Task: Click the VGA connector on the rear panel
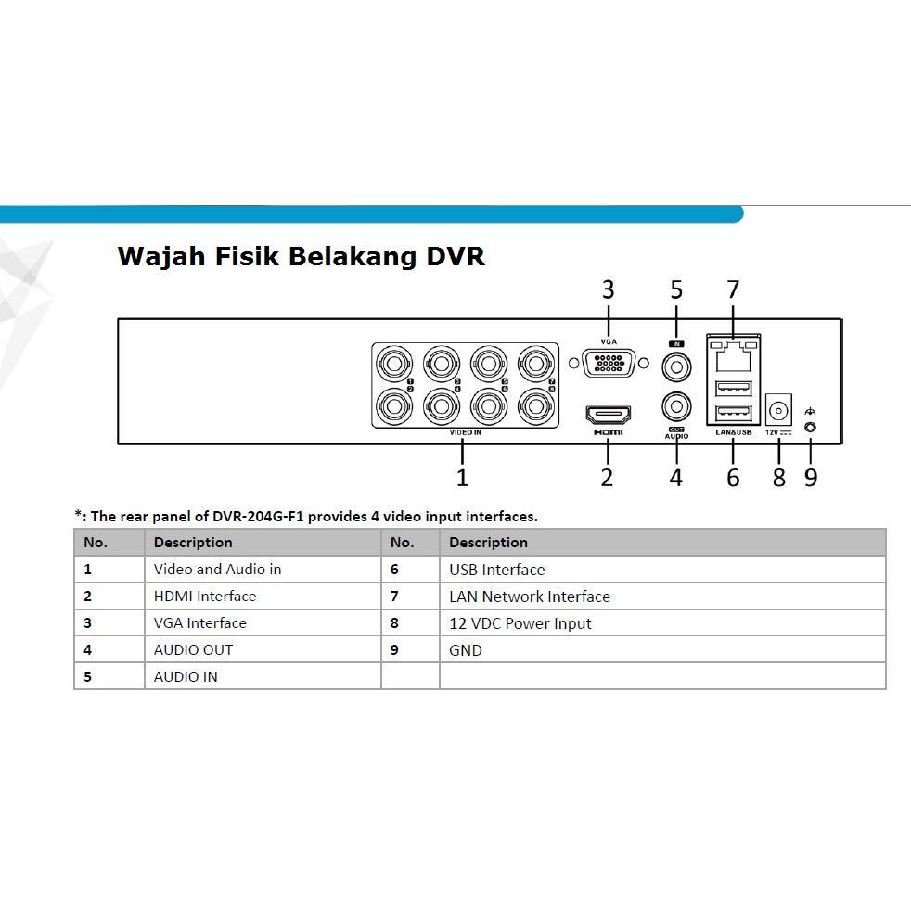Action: (x=607, y=363)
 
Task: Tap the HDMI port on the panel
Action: (x=608, y=413)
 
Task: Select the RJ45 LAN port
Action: (x=733, y=352)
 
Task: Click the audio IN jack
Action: (x=676, y=368)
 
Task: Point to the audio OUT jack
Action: (x=676, y=406)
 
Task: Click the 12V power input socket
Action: (x=778, y=409)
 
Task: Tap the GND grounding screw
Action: (x=811, y=427)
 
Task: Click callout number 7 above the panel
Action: (x=733, y=290)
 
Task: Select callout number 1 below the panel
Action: (x=462, y=478)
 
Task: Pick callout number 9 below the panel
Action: (x=811, y=478)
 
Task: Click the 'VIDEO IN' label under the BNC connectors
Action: (x=465, y=433)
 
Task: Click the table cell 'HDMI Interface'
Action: (x=205, y=597)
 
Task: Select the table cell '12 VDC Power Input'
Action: (x=520, y=623)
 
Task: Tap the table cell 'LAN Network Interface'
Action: (x=529, y=597)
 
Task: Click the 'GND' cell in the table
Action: (x=465, y=650)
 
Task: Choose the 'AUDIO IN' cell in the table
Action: (x=186, y=677)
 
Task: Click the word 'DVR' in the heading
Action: (x=455, y=256)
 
